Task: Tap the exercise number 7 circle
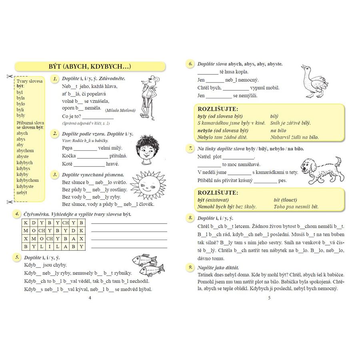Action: point(190,148)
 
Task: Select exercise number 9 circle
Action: point(190,267)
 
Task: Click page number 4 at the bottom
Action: point(90,298)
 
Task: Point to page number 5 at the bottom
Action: point(269,298)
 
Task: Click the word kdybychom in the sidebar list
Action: point(28,180)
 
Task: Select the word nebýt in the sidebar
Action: point(22,192)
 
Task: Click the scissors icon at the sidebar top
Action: point(8,76)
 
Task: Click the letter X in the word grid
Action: point(26,238)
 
